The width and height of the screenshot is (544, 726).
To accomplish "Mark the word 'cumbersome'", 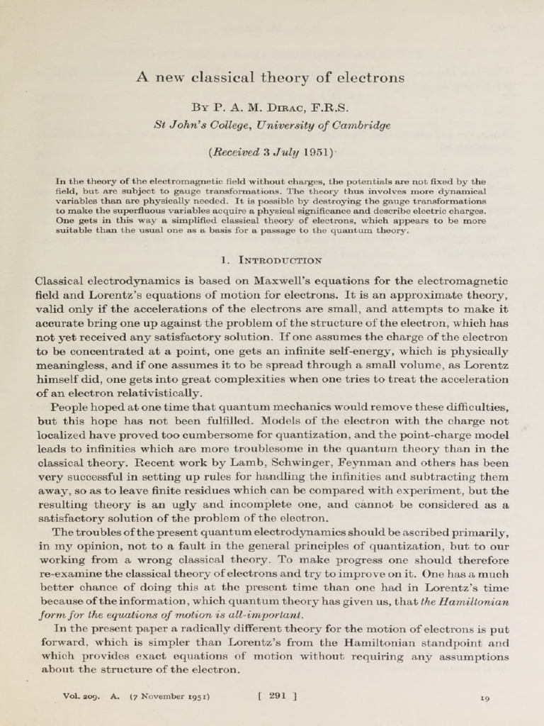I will tap(213, 435).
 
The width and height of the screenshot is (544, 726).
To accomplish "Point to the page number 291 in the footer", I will tap(278, 696).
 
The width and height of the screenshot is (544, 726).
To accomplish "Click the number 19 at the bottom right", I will tap(484, 698).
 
